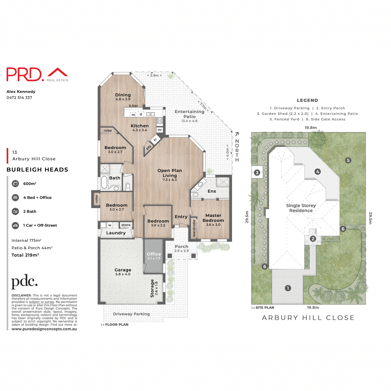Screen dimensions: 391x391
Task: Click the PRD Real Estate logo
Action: point(37,75)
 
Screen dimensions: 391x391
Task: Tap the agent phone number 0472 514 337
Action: point(19,97)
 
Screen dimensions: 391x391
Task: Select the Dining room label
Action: point(123,95)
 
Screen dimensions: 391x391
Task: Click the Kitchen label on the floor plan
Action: point(139,126)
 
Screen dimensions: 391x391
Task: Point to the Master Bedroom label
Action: point(213,218)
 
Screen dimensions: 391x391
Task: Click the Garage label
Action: point(123,270)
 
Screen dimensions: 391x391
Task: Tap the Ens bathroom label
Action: point(212,191)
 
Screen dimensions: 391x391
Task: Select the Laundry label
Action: point(116,233)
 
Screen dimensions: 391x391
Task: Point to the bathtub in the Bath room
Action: point(104,182)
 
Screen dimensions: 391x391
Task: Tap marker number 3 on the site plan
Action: point(257,173)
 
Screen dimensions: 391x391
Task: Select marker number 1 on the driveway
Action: point(288,288)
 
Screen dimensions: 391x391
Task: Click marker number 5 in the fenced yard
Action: point(348,160)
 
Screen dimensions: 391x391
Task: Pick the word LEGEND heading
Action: point(307,100)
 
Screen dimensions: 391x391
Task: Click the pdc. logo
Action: point(24,282)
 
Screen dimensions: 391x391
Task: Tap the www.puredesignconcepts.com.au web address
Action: point(44,329)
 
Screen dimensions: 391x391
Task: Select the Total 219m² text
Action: point(25,255)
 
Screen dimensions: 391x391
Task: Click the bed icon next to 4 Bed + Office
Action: point(15,197)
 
